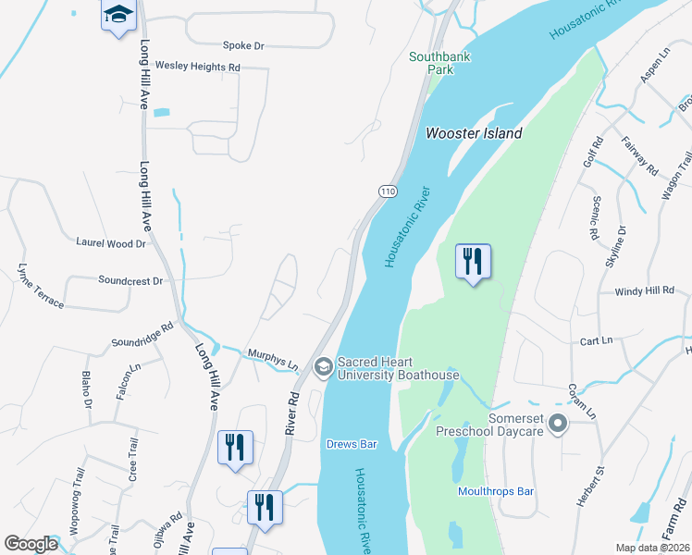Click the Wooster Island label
(474, 133)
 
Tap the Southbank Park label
(440, 63)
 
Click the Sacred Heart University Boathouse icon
(323, 368)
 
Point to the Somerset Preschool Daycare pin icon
(557, 425)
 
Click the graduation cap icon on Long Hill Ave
(117, 15)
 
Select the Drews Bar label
(352, 444)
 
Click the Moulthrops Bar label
(497, 491)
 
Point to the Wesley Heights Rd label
(197, 67)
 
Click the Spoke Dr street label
(243, 44)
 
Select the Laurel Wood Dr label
(111, 244)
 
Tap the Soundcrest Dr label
(130, 279)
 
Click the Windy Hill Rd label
(645, 291)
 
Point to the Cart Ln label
(596, 340)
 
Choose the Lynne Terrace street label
(40, 286)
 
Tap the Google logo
(31, 544)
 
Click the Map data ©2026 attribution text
(651, 548)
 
